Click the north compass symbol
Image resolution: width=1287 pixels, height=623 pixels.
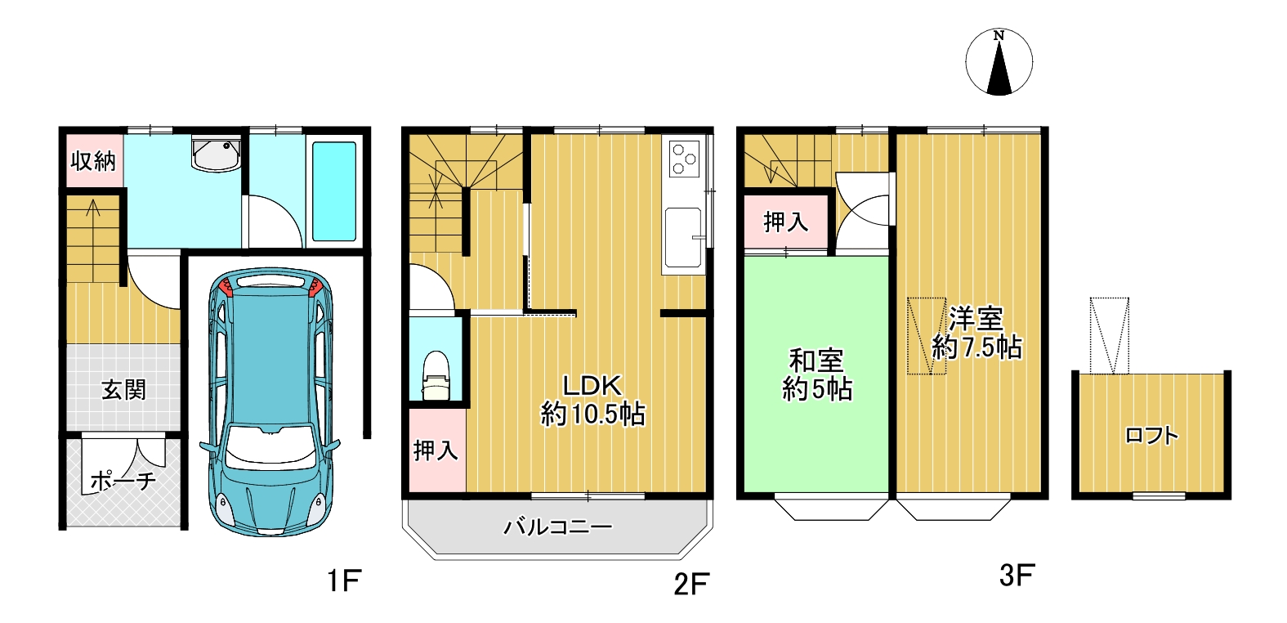tap(999, 61)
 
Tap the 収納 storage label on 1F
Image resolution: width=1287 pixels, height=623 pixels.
tap(94, 161)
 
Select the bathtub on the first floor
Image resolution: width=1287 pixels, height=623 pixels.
tap(334, 190)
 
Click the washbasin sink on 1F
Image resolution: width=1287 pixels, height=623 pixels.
tap(216, 154)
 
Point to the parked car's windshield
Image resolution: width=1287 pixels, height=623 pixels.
tap(270, 446)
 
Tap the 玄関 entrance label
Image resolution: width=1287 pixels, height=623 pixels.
tap(123, 390)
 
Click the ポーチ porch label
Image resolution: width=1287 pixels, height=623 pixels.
tap(123, 481)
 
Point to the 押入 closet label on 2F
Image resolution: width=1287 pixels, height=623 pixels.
tap(436, 450)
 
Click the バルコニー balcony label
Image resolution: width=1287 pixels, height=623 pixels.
tap(558, 527)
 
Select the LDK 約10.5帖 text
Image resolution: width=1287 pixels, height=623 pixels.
tap(593, 400)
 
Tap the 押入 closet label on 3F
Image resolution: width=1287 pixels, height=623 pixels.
tap(786, 222)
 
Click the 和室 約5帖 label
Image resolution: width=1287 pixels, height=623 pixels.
tap(816, 375)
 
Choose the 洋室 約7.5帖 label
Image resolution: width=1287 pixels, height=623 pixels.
tap(976, 334)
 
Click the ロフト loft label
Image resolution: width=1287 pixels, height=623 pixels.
tap(1151, 436)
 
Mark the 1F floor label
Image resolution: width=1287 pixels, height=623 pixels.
tap(343, 580)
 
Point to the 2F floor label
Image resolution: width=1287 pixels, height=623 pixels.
tap(691, 585)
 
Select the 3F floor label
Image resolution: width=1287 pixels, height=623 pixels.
tap(1017, 576)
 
